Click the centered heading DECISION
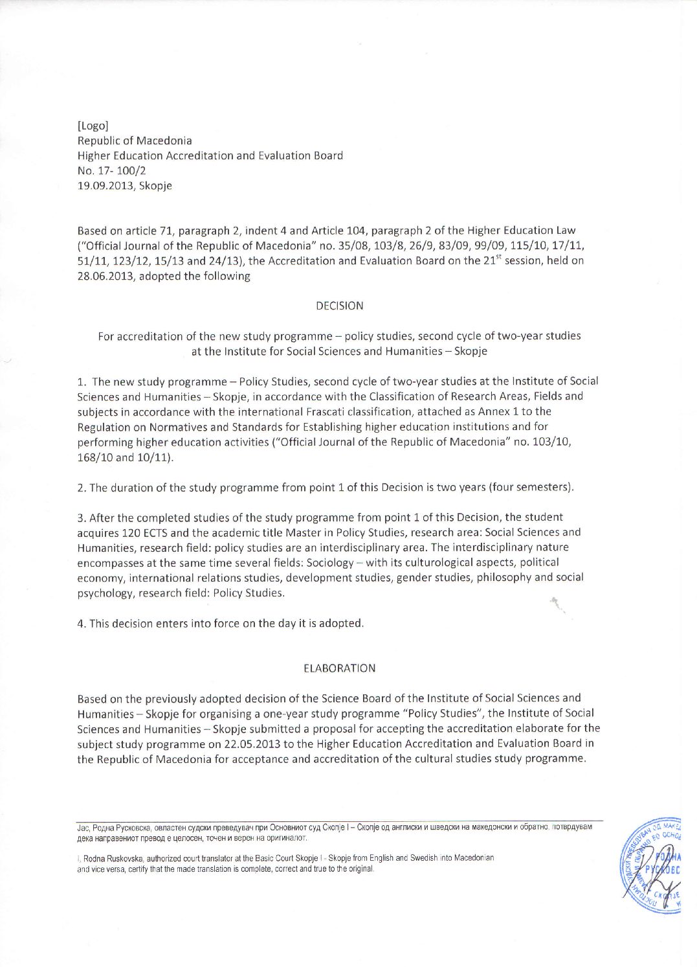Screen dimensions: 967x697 (339, 306)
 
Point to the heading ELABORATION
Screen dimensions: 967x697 (339, 668)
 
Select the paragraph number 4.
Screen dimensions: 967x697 (81, 624)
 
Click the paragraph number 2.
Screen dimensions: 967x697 (81, 488)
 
